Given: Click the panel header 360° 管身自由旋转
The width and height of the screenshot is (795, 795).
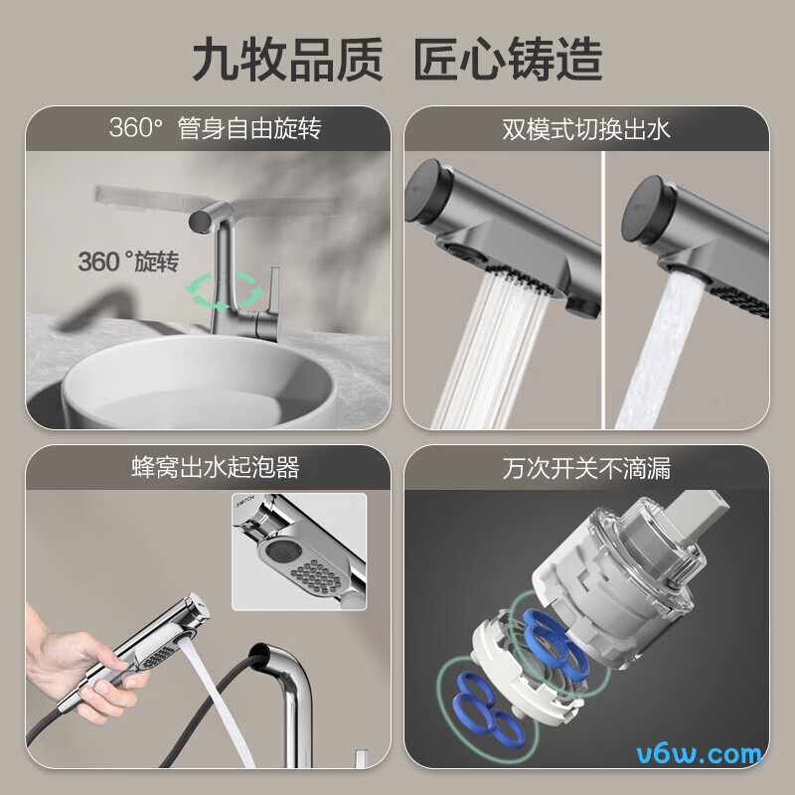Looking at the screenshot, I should pyautogui.click(x=215, y=129).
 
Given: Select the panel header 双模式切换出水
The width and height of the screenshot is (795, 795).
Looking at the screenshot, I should pyautogui.click(x=586, y=129).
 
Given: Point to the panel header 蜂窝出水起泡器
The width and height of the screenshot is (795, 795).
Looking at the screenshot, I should pyautogui.click(x=215, y=467).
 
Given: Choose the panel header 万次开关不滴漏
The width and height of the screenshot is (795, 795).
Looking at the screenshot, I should pyautogui.click(x=586, y=467).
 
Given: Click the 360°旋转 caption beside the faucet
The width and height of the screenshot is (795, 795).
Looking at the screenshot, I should pyautogui.click(x=127, y=262).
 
